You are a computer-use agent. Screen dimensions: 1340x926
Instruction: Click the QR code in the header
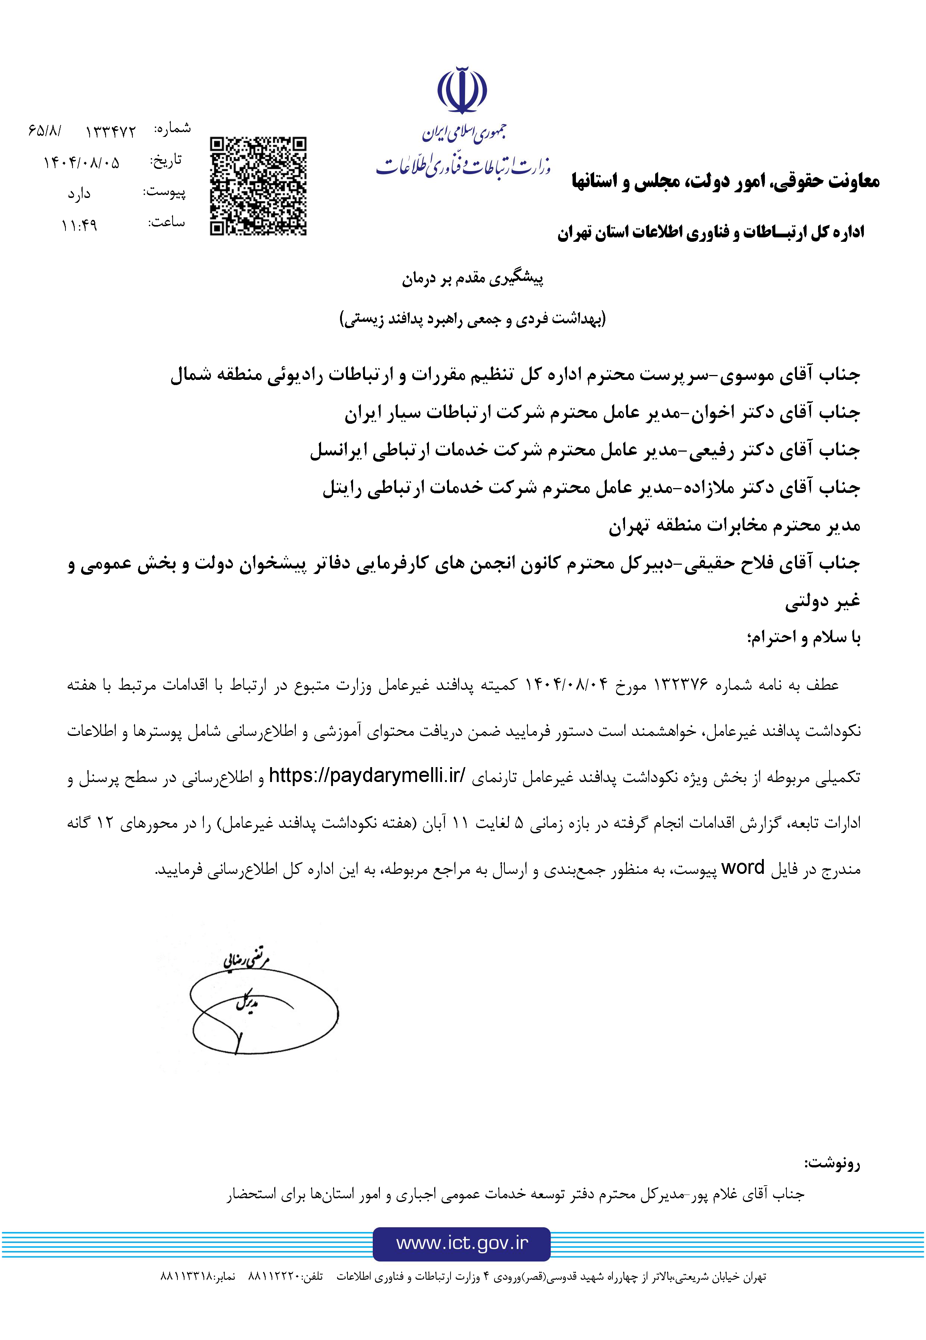pyautogui.click(x=258, y=186)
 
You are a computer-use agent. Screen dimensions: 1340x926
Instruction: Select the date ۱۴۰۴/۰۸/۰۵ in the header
pyautogui.click(x=81, y=163)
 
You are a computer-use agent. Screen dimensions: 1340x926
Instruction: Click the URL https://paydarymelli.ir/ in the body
pyautogui.click(x=367, y=775)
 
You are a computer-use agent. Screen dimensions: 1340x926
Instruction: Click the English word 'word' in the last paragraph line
pyautogui.click(x=743, y=867)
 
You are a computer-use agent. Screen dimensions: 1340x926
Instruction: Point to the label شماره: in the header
pyautogui.click(x=172, y=129)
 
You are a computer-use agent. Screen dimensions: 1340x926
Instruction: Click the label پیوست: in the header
pyautogui.click(x=165, y=192)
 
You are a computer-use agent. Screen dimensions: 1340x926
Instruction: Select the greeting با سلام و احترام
pyautogui.click(x=804, y=638)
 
